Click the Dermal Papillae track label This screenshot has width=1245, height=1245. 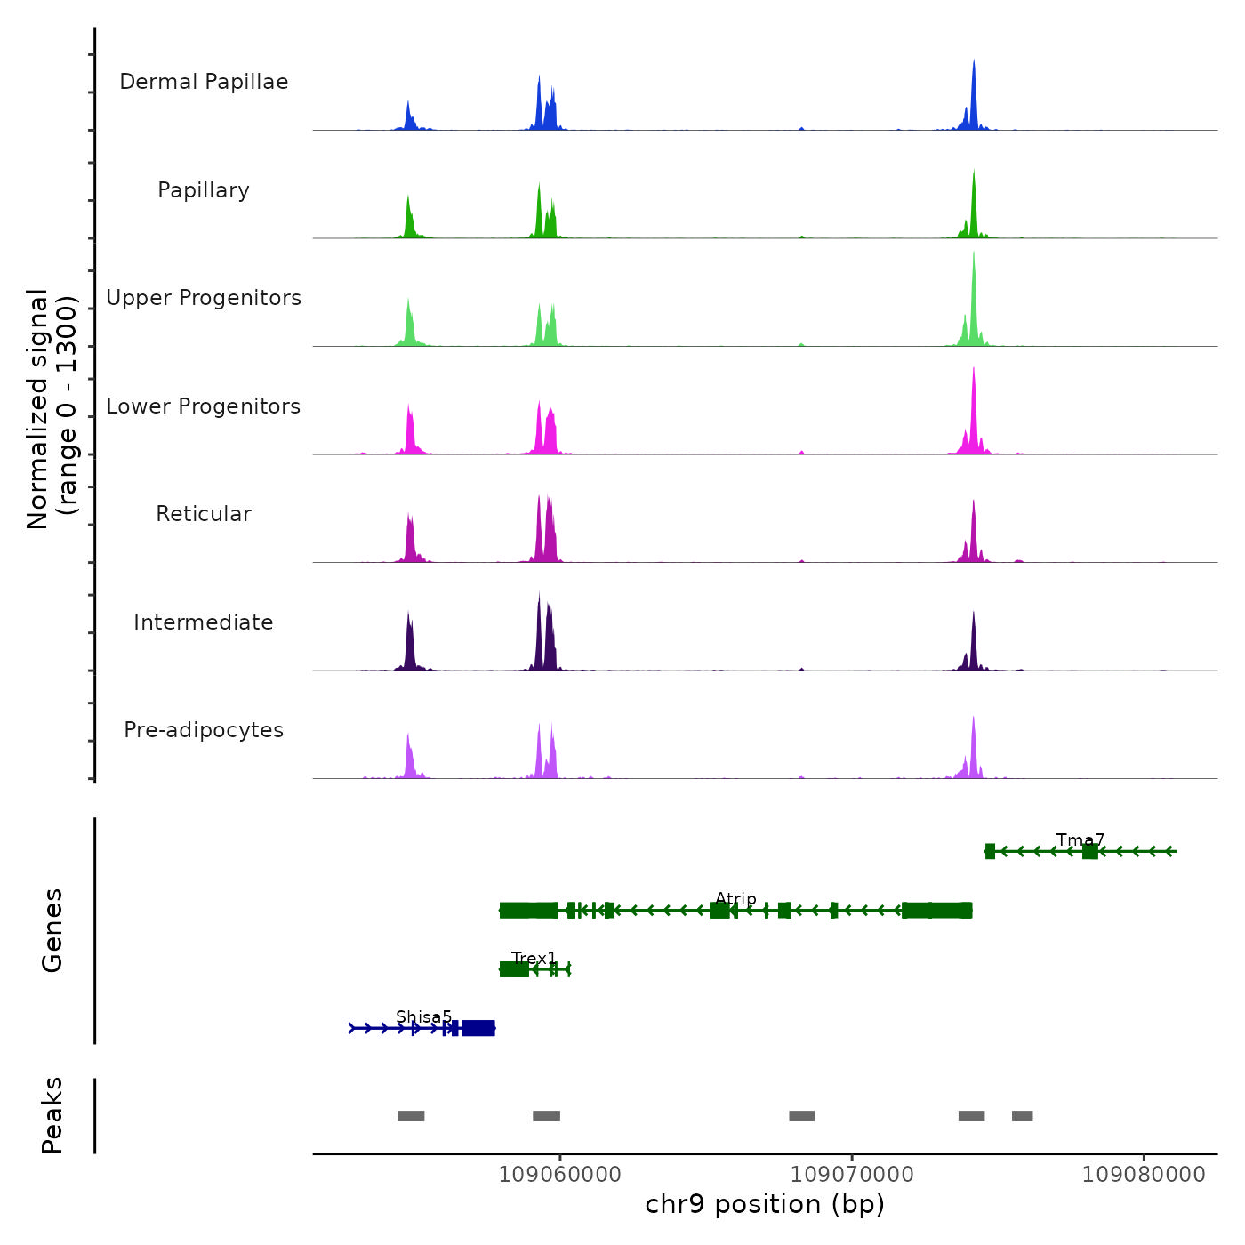pos(204,82)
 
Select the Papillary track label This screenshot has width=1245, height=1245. pos(204,190)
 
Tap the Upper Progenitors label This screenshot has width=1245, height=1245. pos(204,298)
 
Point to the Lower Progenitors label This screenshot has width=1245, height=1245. pos(204,406)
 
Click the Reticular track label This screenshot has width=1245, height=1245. pos(204,514)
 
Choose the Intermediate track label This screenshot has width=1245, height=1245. pos(204,622)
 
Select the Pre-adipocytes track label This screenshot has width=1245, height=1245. pos(204,730)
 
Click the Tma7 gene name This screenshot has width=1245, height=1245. pos(1080,840)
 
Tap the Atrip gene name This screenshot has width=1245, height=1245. pos(735,899)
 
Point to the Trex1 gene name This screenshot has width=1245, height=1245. pos(534,959)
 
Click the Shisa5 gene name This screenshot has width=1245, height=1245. pos(423,1017)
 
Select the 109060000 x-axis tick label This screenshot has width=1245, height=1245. pos(560,1175)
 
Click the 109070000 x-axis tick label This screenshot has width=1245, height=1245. pos(852,1175)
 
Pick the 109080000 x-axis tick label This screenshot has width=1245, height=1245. pos(1144,1175)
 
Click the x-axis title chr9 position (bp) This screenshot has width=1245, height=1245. pos(765,1204)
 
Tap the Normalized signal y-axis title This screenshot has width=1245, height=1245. pos(52,409)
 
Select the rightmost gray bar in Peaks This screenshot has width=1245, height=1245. pos(1022,1116)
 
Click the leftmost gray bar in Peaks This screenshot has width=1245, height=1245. pos(411,1116)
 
